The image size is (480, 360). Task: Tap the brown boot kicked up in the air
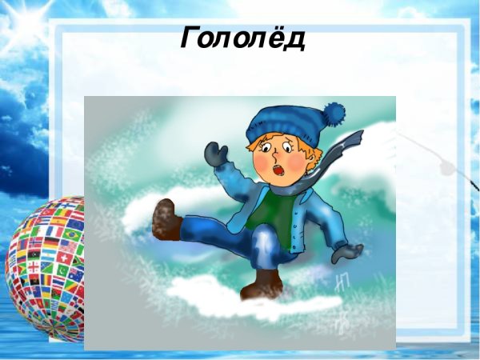(167, 219)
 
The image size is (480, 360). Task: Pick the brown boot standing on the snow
(265, 284)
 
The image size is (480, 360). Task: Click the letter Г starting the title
(191, 37)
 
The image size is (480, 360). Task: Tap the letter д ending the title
(294, 38)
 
